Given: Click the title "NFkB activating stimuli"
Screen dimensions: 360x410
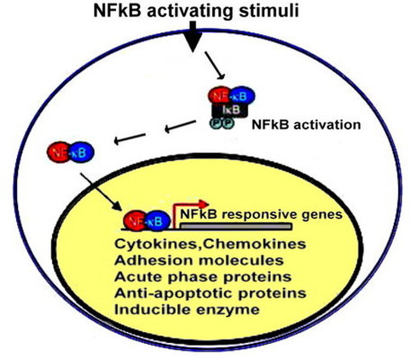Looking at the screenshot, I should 196,11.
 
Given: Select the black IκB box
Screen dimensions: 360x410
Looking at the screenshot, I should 230,110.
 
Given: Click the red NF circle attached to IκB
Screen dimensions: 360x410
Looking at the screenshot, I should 220,96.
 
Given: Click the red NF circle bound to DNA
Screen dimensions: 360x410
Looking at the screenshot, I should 136,221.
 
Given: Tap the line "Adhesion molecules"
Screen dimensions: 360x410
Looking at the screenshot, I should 199,260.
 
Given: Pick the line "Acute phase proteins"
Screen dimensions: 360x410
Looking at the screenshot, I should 203,276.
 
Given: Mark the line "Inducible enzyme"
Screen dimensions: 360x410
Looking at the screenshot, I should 188,309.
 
